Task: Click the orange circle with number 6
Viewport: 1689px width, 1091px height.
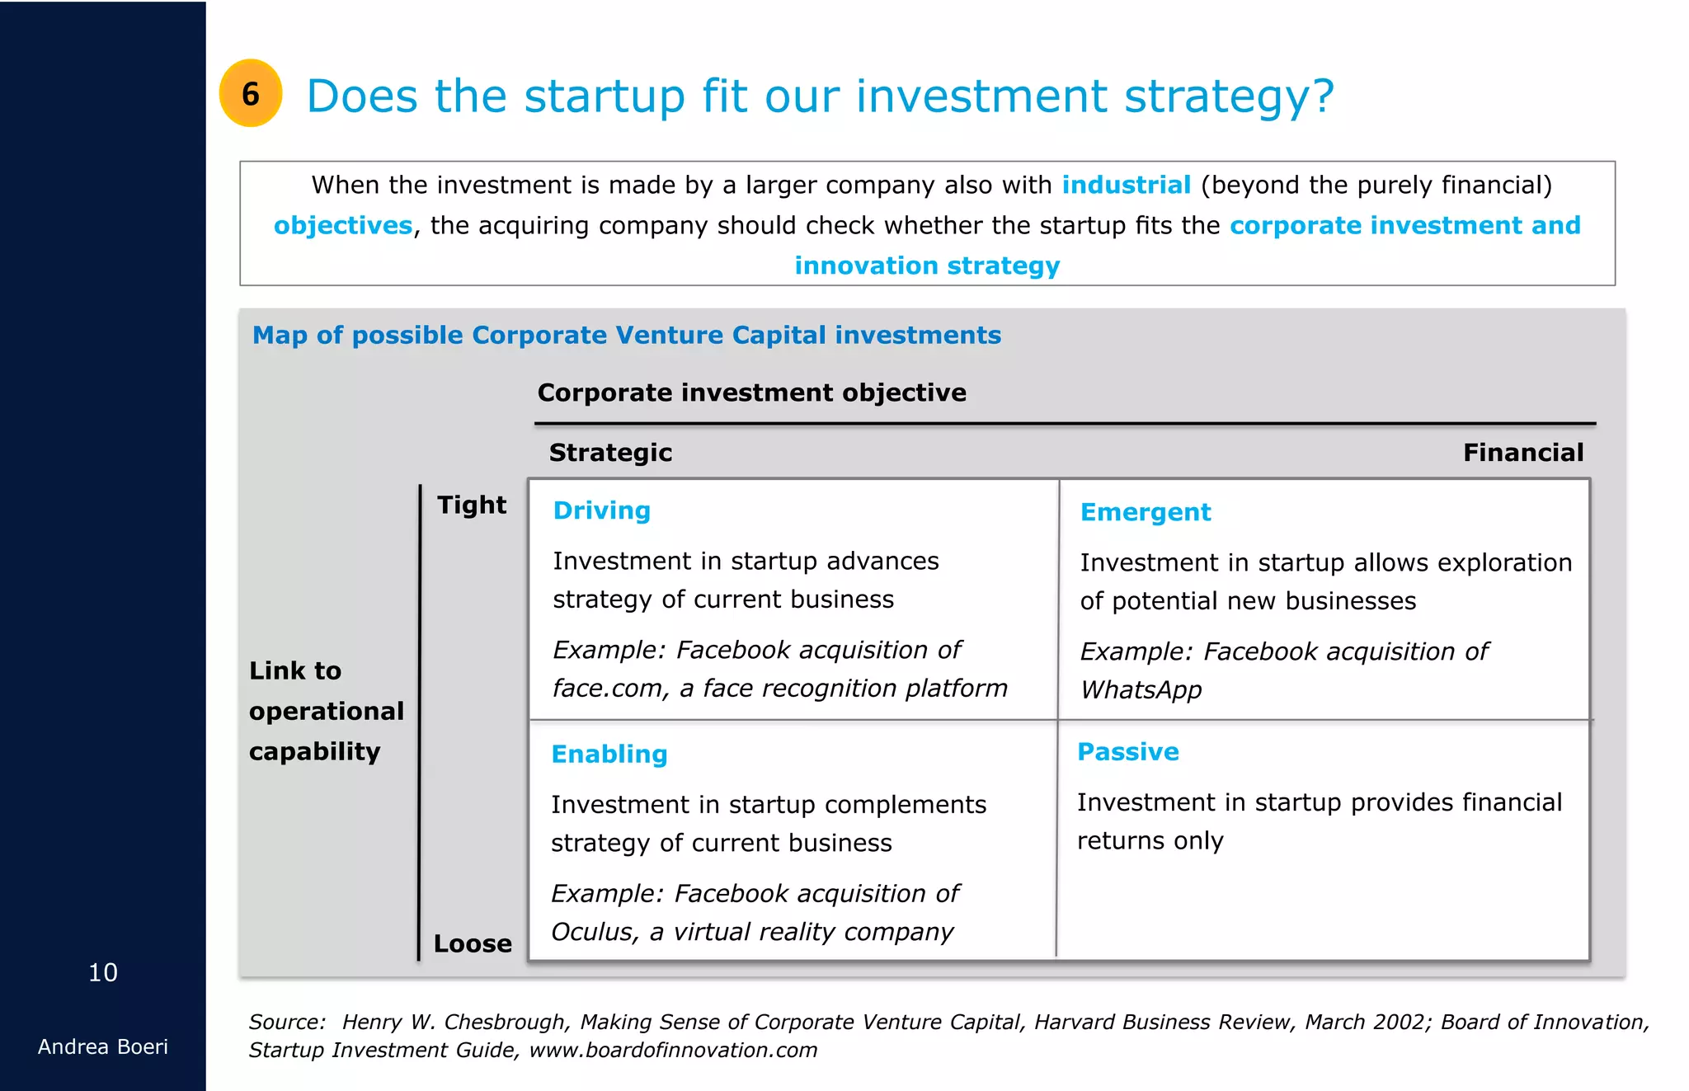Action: coord(251,93)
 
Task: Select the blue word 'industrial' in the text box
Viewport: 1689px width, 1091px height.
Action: coord(1126,185)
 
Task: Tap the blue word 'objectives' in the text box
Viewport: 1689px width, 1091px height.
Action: coord(343,225)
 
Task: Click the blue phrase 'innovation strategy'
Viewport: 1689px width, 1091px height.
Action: coord(927,266)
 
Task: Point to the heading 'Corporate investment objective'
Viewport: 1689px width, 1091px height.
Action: coord(751,393)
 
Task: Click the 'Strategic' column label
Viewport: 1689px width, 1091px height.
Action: coord(610,453)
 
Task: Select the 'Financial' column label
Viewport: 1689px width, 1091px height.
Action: coord(1522,453)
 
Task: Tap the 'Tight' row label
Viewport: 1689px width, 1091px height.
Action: coord(472,505)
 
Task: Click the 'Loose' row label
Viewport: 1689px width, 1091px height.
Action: coord(473,943)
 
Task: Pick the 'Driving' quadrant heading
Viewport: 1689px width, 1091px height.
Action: coord(601,510)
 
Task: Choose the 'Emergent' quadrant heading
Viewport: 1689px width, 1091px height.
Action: coord(1145,512)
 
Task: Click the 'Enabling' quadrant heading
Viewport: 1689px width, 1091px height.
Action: coord(609,754)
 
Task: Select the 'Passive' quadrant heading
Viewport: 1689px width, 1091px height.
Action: coord(1127,752)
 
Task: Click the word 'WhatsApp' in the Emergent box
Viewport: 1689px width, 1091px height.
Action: coord(1141,689)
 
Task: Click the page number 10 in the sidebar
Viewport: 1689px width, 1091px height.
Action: coord(103,972)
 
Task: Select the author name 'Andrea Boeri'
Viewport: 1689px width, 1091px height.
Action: coord(103,1046)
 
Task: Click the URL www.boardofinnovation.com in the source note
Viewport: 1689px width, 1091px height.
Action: coord(673,1050)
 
